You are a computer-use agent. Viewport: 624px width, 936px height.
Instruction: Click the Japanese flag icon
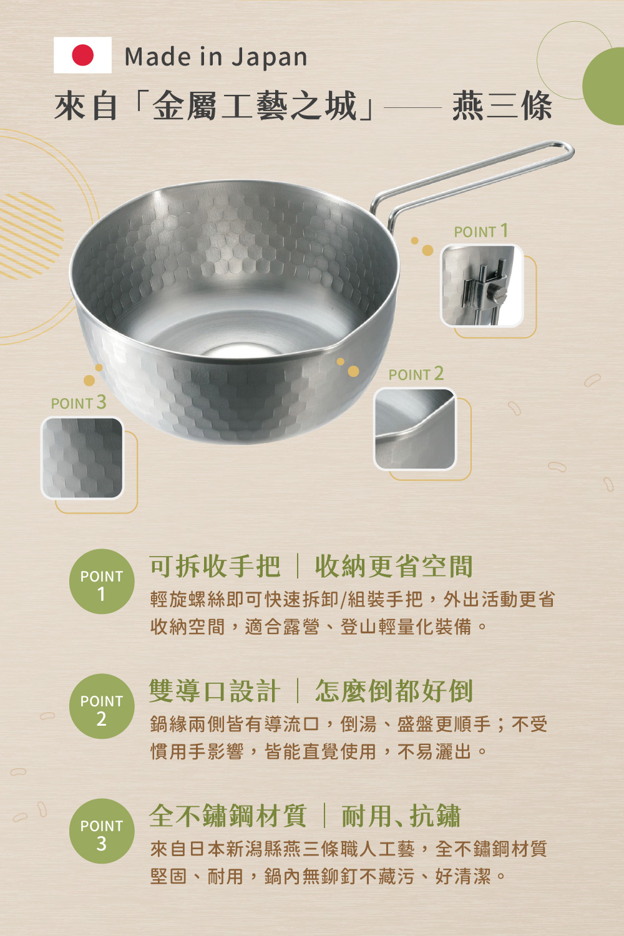point(82,55)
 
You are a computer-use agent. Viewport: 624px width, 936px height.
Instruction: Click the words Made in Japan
point(216,57)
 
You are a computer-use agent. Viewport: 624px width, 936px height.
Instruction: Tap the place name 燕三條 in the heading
point(502,106)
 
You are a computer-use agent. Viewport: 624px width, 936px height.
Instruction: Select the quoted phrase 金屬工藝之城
point(255,106)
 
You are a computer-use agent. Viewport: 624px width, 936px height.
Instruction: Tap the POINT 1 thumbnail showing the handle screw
point(482,285)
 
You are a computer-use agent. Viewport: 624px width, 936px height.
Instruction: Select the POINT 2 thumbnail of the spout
point(414,429)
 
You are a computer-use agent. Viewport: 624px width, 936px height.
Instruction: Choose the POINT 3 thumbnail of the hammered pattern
point(82,457)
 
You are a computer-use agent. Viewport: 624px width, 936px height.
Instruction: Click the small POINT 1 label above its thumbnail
point(481,231)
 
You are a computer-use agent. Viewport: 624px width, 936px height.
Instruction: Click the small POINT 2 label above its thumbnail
point(416,374)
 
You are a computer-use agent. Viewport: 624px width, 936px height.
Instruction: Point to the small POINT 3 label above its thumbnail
point(79,403)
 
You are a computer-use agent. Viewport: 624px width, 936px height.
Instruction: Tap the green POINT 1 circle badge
point(102,581)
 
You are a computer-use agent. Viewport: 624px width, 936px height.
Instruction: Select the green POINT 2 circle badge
point(102,706)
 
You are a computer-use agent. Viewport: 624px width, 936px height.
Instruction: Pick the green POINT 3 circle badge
point(102,831)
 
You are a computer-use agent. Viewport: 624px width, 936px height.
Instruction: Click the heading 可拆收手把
point(215,567)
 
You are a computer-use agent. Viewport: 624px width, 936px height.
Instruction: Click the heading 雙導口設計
point(215,691)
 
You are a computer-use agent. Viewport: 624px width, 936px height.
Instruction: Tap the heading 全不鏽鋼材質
point(228,816)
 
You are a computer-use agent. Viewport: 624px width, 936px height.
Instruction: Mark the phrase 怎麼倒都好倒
point(394,691)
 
